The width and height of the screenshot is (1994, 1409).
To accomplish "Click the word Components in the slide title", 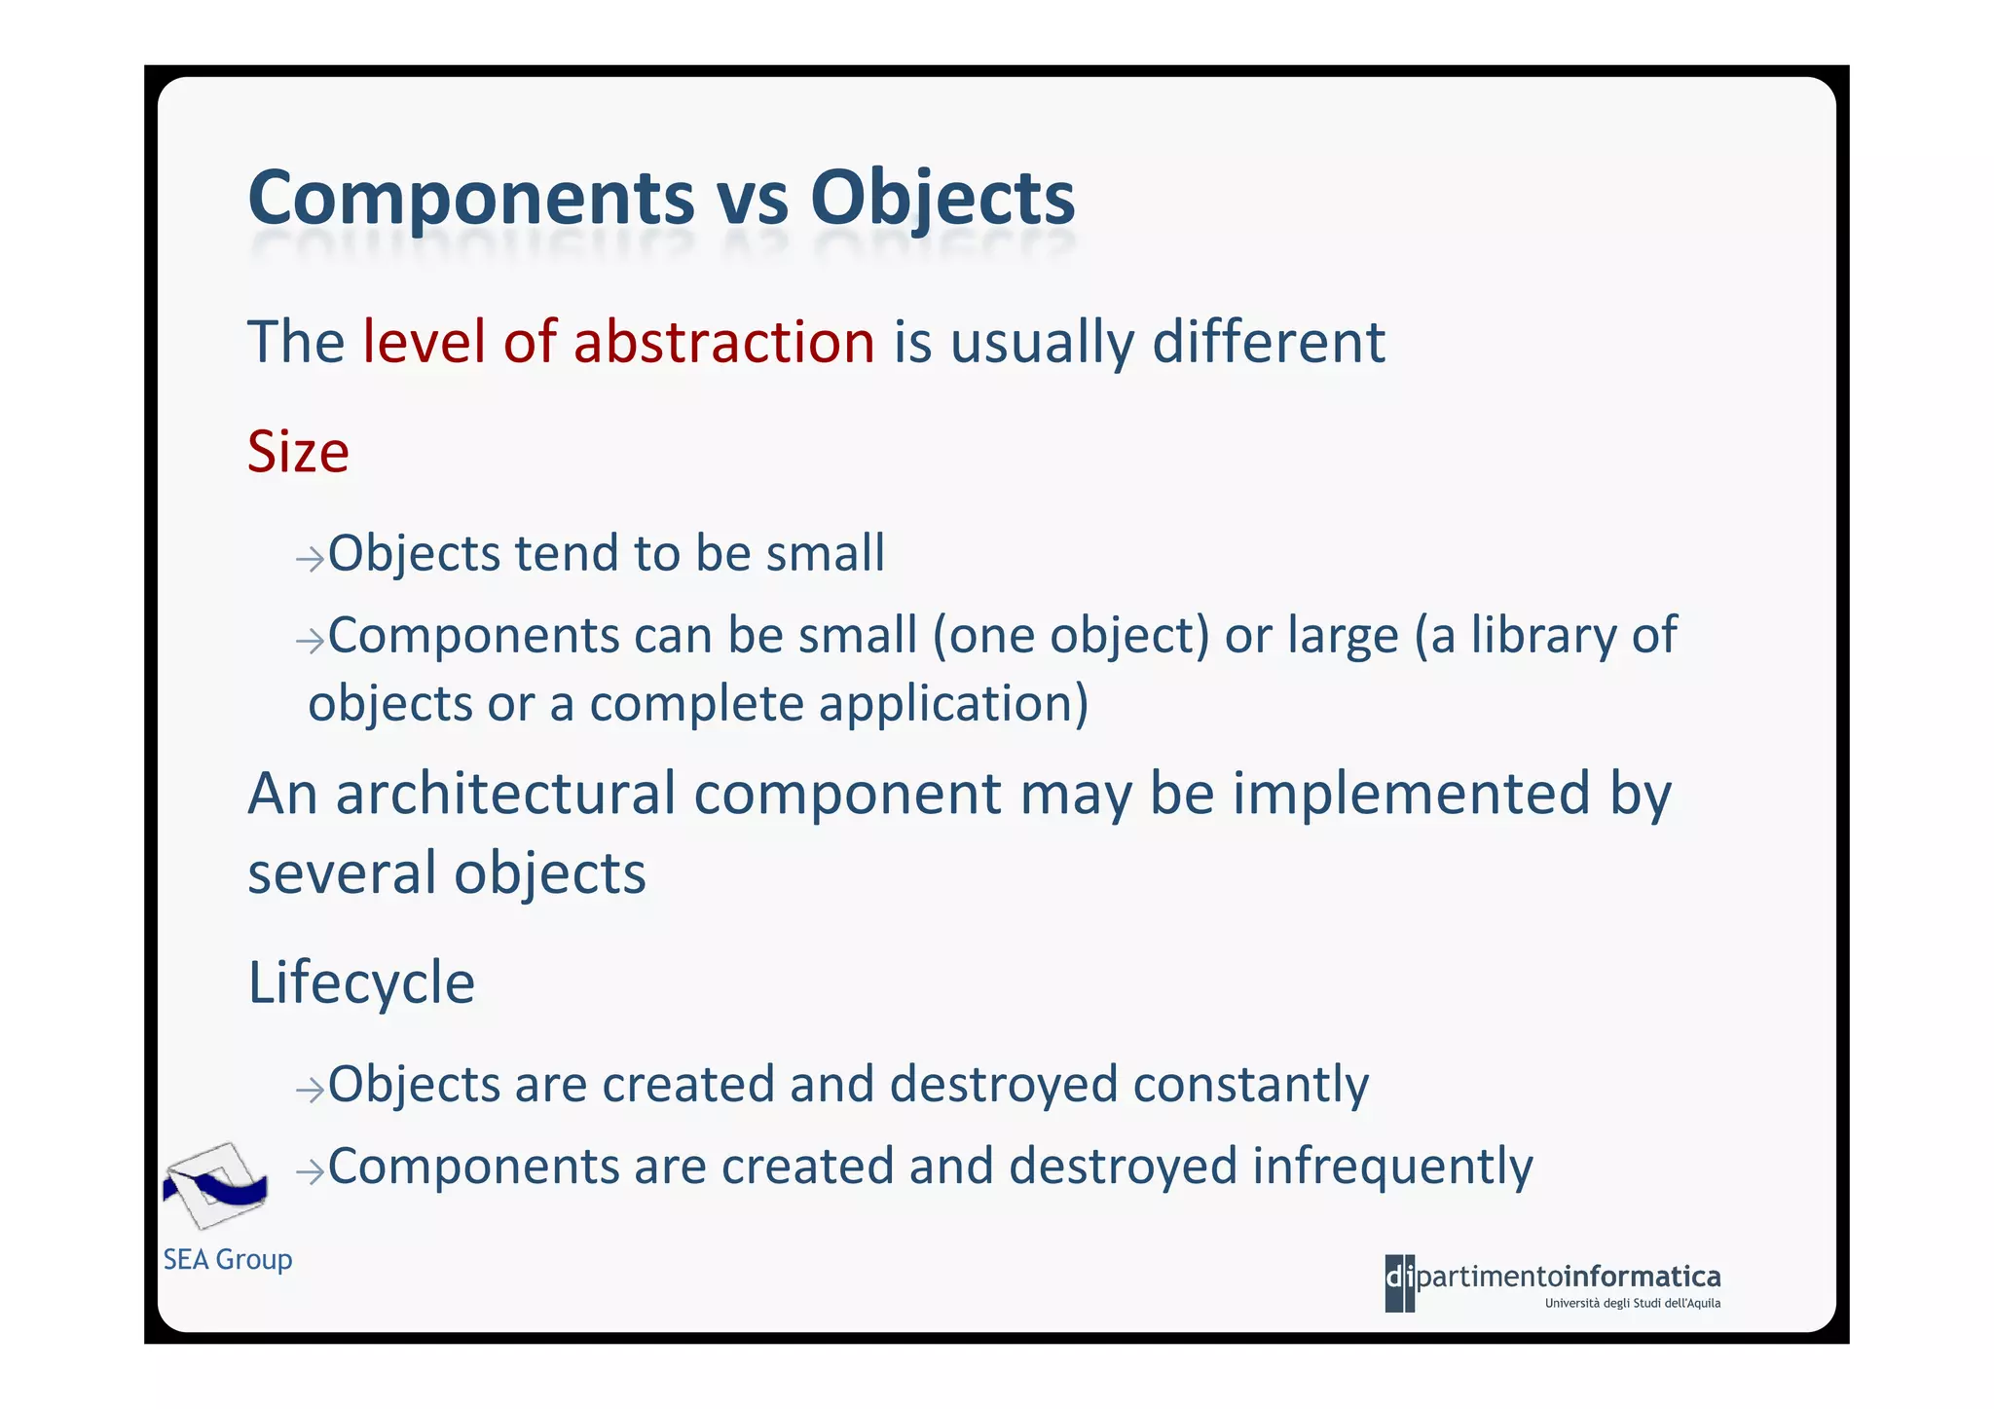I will pos(471,198).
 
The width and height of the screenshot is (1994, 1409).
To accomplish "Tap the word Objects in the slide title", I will pos(942,198).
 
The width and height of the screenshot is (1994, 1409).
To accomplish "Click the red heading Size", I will pos(298,452).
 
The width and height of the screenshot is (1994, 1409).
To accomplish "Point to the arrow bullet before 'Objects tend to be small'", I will pos(310,559).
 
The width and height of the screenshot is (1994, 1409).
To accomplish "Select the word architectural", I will pos(505,794).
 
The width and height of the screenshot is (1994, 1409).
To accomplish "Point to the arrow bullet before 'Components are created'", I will pos(310,1171).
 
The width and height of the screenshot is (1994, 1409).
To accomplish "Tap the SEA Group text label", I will pos(228,1259).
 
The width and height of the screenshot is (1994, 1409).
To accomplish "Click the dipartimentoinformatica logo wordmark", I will pos(1553,1277).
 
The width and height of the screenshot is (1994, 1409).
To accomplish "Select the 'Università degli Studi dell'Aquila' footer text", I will pos(1632,1304).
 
